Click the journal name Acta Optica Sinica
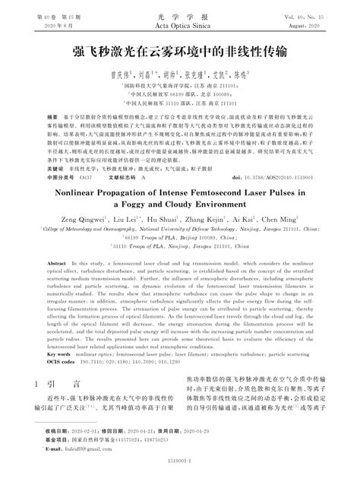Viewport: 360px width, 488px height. tap(179, 26)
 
